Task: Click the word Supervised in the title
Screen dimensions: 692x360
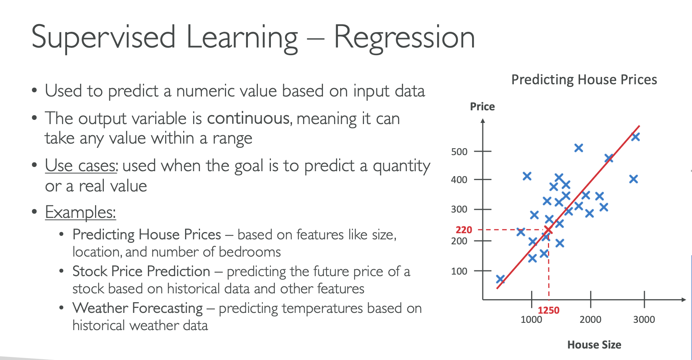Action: click(103, 37)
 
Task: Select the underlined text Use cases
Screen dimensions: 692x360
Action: click(81, 166)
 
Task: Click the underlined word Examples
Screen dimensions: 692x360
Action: click(80, 212)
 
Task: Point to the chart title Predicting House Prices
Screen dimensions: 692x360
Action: click(584, 80)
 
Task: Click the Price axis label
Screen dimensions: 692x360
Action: click(482, 106)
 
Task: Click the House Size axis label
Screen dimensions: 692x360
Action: click(594, 345)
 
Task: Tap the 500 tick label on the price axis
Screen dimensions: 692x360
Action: click(459, 152)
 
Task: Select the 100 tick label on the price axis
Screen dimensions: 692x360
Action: click(459, 272)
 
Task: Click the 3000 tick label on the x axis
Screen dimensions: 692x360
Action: click(644, 319)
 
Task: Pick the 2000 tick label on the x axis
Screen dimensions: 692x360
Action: click(590, 319)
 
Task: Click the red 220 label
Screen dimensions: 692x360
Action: click(464, 230)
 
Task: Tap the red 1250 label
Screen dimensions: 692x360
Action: click(548, 310)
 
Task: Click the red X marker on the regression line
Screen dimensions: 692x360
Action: click(548, 230)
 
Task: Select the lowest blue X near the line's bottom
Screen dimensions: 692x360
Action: click(500, 279)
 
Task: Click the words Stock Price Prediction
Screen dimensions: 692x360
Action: click(141, 271)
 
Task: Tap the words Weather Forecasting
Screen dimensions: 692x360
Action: click(138, 308)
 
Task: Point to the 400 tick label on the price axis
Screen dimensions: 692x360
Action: click(459, 180)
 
